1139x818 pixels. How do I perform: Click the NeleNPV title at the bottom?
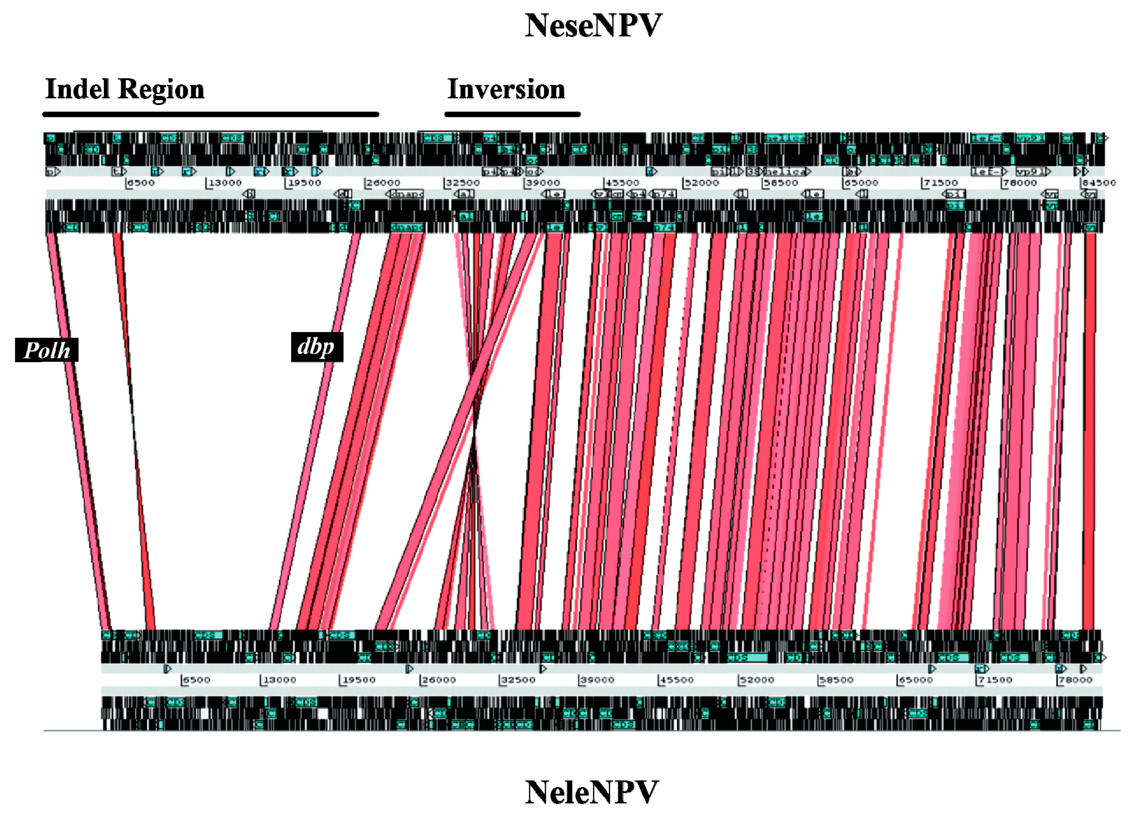[591, 792]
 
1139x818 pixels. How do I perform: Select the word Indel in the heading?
[78, 89]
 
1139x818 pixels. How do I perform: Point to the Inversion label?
[506, 89]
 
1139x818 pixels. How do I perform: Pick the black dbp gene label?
[317, 347]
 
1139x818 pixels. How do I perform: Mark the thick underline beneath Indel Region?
[211, 114]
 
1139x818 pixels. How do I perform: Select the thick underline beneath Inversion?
[512, 114]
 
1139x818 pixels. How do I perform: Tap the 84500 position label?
[1099, 183]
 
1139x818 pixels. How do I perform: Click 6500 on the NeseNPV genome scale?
[141, 183]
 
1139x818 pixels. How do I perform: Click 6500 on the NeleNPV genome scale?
[196, 680]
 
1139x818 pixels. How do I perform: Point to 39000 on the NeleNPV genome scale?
[598, 680]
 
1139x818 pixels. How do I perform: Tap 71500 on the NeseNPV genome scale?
[940, 183]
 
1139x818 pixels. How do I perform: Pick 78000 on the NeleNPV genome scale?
[1075, 680]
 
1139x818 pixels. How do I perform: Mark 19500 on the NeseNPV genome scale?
[304, 183]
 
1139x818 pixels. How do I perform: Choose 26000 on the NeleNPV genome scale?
[439, 680]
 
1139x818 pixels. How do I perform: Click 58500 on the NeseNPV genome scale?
[781, 183]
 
